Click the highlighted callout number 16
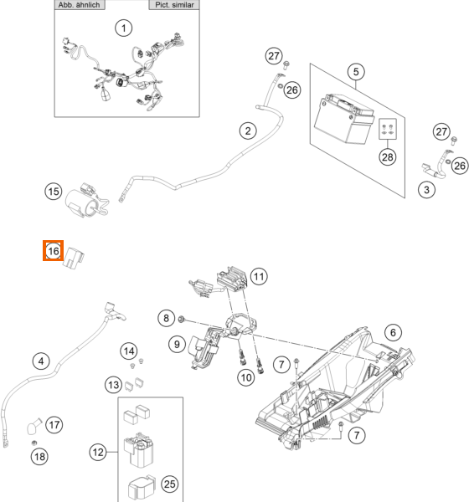click(54, 251)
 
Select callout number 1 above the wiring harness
click(124, 28)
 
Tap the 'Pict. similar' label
click(174, 5)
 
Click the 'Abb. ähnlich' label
click(80, 5)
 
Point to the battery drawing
click(345, 118)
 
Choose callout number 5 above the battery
click(356, 72)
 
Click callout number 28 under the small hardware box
click(387, 157)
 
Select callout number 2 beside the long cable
click(248, 131)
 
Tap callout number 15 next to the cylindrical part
click(54, 192)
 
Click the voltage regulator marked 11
click(234, 279)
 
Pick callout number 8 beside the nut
click(166, 318)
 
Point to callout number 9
click(177, 344)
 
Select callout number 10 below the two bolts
click(246, 377)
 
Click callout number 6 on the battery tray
click(393, 333)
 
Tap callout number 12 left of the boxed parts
click(98, 452)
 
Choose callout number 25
click(169, 484)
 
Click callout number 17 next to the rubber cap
click(54, 425)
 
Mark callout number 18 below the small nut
click(39, 456)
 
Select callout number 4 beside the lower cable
click(41, 361)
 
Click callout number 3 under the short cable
click(426, 190)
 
